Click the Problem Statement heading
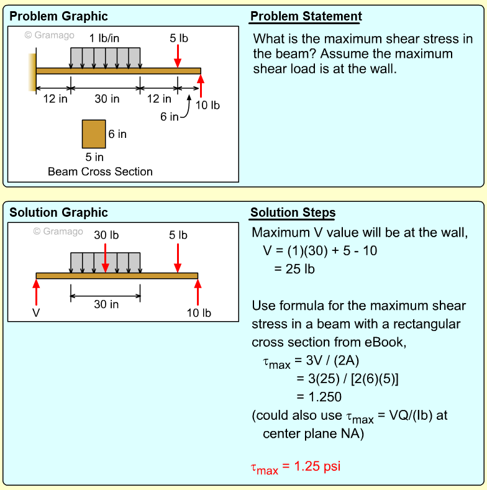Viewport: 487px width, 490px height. click(x=306, y=16)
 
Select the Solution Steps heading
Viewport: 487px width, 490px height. click(x=293, y=212)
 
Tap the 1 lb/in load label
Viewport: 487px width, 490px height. click(x=104, y=38)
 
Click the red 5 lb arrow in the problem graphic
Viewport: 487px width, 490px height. click(x=178, y=56)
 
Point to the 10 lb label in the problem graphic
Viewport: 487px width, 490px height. click(x=207, y=106)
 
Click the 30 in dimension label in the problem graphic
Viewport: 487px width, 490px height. click(x=107, y=99)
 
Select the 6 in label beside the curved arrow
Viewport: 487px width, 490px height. click(x=169, y=117)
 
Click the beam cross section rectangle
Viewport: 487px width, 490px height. click(x=94, y=134)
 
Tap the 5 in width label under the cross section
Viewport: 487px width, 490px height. click(x=94, y=157)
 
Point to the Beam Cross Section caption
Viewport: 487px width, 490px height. click(x=100, y=171)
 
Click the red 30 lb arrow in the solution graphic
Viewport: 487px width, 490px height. click(x=106, y=258)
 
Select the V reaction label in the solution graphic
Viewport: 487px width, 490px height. click(x=36, y=312)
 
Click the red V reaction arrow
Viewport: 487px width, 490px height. click(x=36, y=292)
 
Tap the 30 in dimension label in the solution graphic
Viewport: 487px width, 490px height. click(x=106, y=304)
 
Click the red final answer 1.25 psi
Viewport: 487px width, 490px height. click(x=296, y=468)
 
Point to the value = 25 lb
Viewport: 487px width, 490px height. click(x=294, y=269)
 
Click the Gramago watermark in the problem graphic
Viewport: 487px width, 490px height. click(x=50, y=35)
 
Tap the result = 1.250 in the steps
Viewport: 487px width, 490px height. click(x=319, y=397)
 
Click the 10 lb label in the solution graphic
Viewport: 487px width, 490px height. click(x=199, y=313)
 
